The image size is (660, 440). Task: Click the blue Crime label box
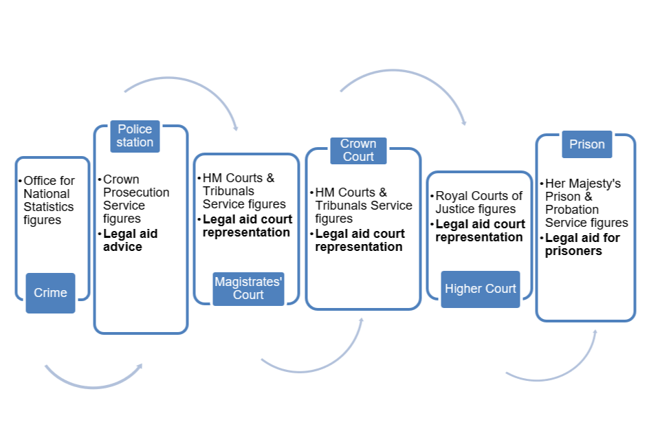click(x=50, y=293)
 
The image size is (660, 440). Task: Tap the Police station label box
click(x=135, y=136)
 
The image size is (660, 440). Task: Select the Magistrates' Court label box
click(x=248, y=288)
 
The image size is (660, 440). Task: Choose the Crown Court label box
click(x=358, y=151)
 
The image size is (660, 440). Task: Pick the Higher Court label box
click(x=481, y=289)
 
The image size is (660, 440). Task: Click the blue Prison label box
click(x=586, y=144)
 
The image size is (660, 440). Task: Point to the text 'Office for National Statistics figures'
click(x=49, y=200)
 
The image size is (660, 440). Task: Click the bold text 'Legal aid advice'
click(x=130, y=240)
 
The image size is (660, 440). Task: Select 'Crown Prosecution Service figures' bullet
click(x=136, y=199)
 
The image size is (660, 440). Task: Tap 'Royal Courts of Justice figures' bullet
click(x=478, y=202)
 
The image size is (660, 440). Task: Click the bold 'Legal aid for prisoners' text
click(x=582, y=245)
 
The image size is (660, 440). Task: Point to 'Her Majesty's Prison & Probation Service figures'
click(x=586, y=203)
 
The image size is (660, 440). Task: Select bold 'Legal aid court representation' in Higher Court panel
click(x=480, y=231)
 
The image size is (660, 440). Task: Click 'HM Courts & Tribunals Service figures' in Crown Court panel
click(x=364, y=206)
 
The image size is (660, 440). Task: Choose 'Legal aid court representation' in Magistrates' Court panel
click(x=247, y=226)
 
